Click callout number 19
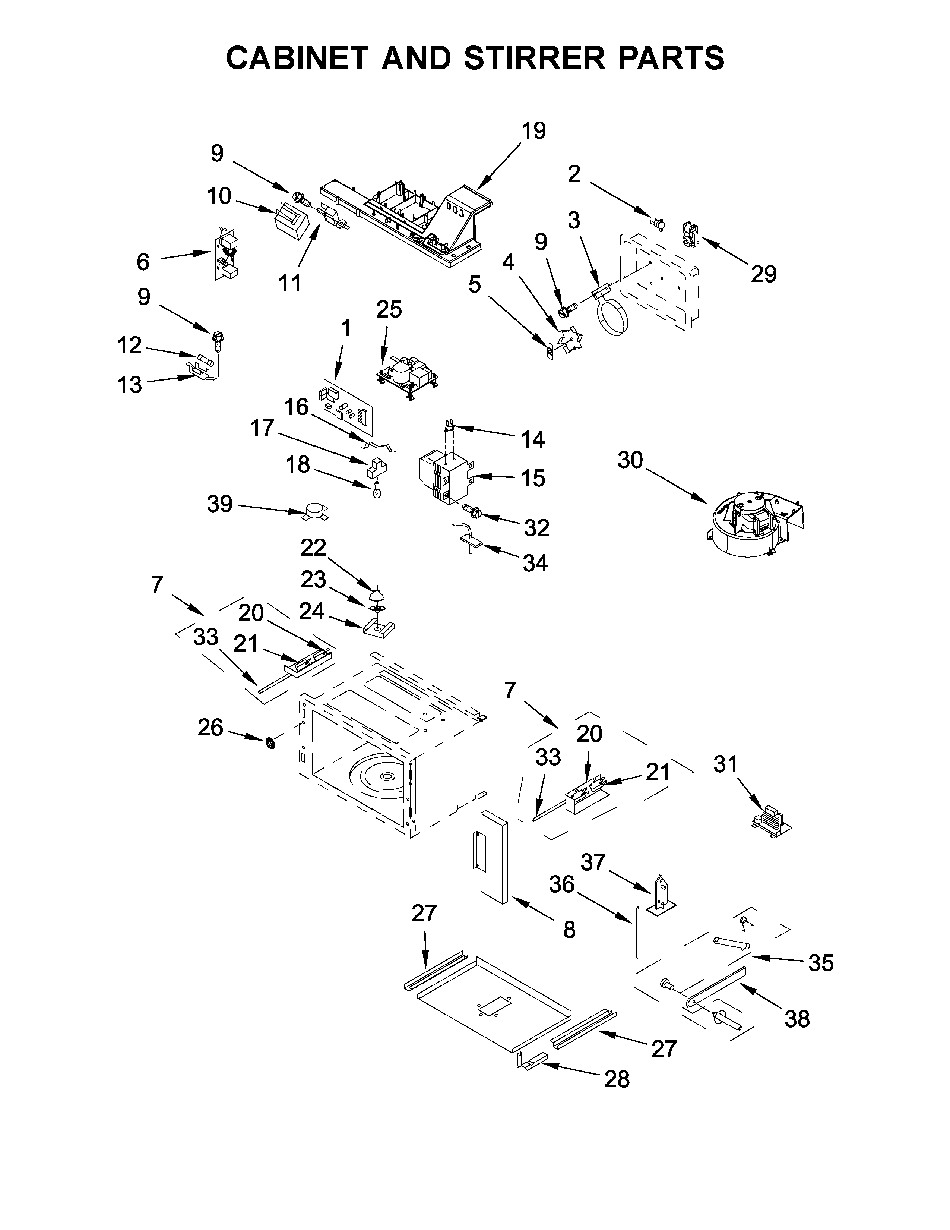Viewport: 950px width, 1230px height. point(533,131)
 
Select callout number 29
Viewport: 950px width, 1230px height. point(763,274)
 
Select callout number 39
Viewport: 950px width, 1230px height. point(219,504)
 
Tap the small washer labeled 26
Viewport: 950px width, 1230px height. point(270,744)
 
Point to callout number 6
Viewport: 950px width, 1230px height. point(143,262)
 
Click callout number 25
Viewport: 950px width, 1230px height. point(389,309)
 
